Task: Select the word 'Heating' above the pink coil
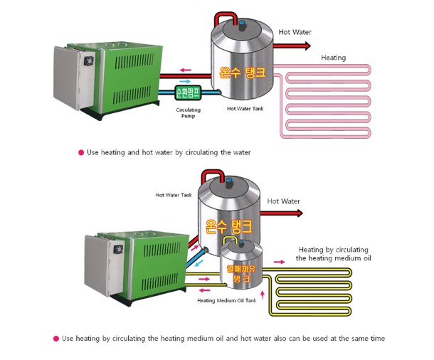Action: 334,58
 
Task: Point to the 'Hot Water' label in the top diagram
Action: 295,32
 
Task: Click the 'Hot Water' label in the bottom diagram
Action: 283,201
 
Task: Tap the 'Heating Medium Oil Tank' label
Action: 226,300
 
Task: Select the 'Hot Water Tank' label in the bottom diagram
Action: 174,195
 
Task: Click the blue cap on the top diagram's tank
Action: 240,24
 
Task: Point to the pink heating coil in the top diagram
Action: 324,100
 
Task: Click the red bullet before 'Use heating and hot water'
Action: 81,152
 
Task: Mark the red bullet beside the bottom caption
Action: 56,339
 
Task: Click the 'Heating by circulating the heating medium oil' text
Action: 334,254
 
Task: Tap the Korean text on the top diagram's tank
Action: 243,73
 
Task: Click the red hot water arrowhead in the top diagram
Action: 307,46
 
